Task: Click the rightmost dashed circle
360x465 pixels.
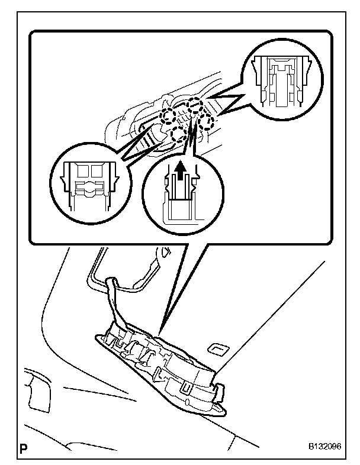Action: click(x=208, y=122)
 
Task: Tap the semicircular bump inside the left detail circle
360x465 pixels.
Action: click(x=88, y=188)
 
